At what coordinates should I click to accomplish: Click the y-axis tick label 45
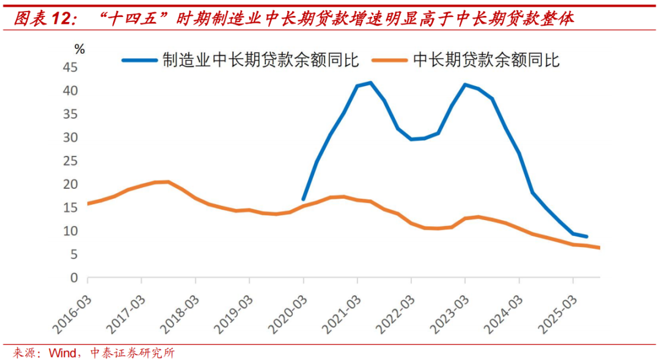coord(72,67)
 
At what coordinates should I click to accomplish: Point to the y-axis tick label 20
coord(72,184)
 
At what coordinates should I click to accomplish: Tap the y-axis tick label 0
coord(75,278)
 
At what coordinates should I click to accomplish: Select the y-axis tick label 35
coord(72,114)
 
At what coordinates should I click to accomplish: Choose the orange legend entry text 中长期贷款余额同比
coord(486,60)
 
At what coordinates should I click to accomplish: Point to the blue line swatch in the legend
coord(140,60)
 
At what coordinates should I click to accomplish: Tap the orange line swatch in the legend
coord(392,60)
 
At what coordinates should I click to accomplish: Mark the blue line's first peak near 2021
coord(370,83)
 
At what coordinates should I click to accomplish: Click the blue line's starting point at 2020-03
coord(304,199)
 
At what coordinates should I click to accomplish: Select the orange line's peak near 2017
coord(168,182)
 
